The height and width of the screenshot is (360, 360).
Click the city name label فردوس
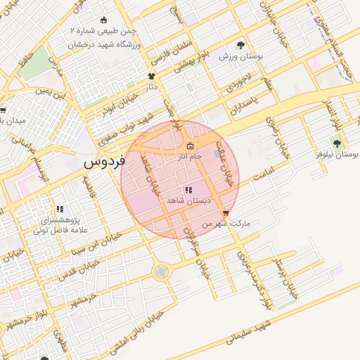click(103, 162)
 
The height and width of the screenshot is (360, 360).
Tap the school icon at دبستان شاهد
click(188, 191)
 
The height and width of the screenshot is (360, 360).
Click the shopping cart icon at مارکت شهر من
click(225, 214)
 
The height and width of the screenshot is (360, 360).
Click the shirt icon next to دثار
click(150, 76)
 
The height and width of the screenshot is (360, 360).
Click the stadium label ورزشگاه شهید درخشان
click(105, 43)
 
